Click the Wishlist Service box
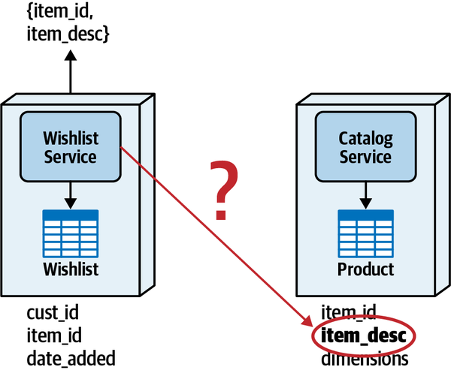tap(70, 147)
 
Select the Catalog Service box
tap(366, 147)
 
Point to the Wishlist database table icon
tap(71, 233)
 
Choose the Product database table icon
tap(366, 233)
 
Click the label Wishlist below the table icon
tap(71, 269)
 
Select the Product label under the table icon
tap(366, 269)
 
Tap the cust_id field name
tap(53, 311)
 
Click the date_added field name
tap(71, 359)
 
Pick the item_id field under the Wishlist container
tap(54, 335)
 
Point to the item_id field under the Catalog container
tap(349, 311)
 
